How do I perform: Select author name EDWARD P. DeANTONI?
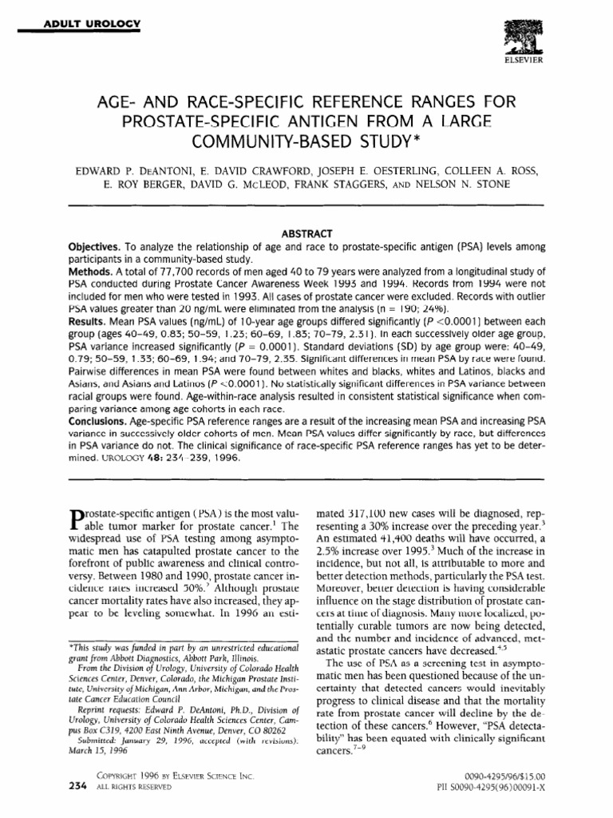tap(140, 170)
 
